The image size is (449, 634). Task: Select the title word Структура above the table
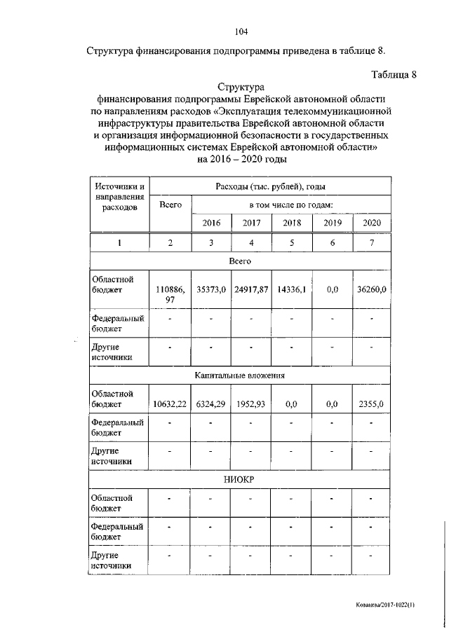click(x=240, y=88)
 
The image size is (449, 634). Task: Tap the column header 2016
click(x=211, y=223)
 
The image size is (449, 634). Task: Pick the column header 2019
click(x=333, y=223)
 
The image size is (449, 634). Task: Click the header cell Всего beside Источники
click(x=171, y=205)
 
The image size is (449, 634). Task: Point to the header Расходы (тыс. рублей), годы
click(x=270, y=186)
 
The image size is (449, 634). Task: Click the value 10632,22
click(x=171, y=404)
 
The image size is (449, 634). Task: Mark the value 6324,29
click(x=211, y=404)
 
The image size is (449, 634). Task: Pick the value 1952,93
click(x=251, y=404)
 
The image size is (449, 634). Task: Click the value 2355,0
click(x=373, y=404)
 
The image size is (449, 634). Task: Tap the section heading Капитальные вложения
click(x=240, y=375)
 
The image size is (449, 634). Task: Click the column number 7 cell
click(x=373, y=242)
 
